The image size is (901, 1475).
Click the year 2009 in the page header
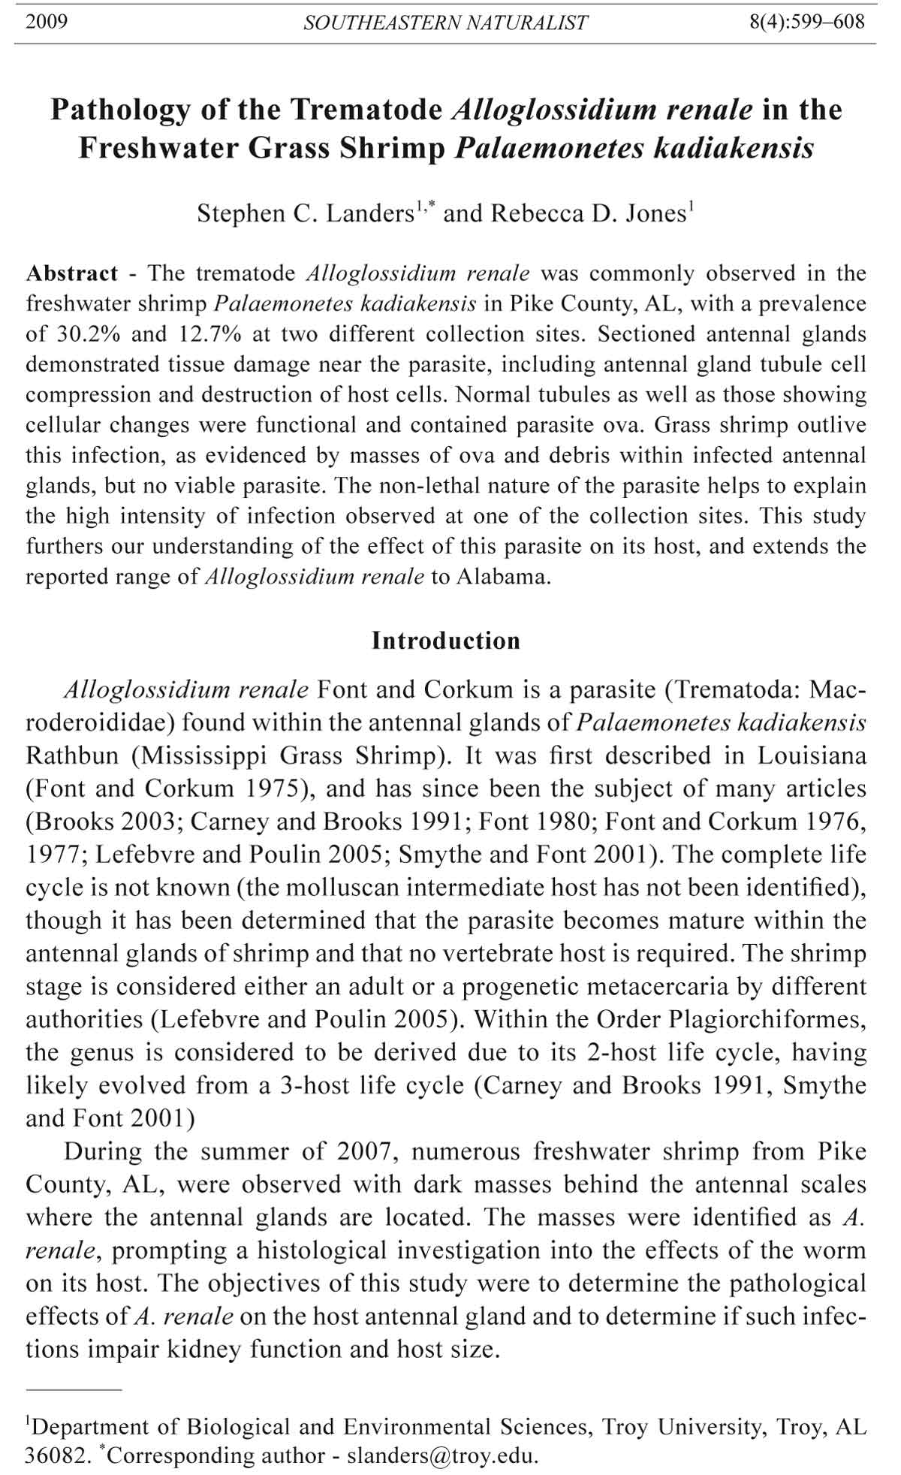click(47, 22)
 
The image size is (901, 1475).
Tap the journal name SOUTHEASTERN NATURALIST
click(445, 23)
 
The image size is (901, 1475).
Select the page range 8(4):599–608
click(807, 22)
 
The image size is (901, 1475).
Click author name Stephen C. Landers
click(305, 214)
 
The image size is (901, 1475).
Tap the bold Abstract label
click(72, 273)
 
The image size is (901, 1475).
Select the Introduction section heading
click(446, 641)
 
